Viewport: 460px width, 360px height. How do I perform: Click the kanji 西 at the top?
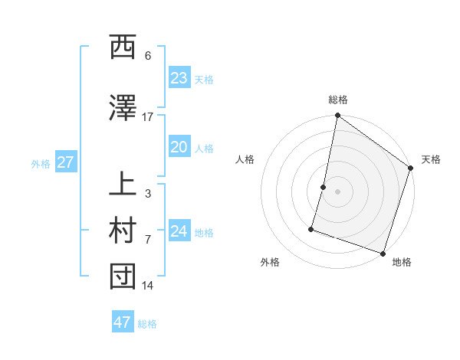[x=123, y=49]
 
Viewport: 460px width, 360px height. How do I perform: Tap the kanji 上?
[x=123, y=186]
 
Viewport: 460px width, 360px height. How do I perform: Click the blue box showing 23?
[x=179, y=78]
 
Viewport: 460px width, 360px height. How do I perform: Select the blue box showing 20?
[x=179, y=148]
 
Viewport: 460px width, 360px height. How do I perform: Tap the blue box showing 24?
[x=179, y=231]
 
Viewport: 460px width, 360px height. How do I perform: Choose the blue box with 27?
[x=65, y=162]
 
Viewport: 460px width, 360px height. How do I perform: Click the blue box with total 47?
[x=122, y=322]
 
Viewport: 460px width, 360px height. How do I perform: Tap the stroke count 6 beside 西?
[x=147, y=56]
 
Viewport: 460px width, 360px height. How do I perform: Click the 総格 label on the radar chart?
[x=337, y=100]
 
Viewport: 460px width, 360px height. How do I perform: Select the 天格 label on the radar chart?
[x=431, y=159]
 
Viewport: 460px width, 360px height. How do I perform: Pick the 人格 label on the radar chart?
[x=245, y=159]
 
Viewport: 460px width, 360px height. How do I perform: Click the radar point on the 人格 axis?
[x=324, y=187]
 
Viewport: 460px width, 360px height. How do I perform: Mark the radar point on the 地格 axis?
[x=383, y=253]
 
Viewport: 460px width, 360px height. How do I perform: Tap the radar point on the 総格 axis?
[x=337, y=116]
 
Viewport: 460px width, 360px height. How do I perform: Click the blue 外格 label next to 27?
[x=40, y=163]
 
